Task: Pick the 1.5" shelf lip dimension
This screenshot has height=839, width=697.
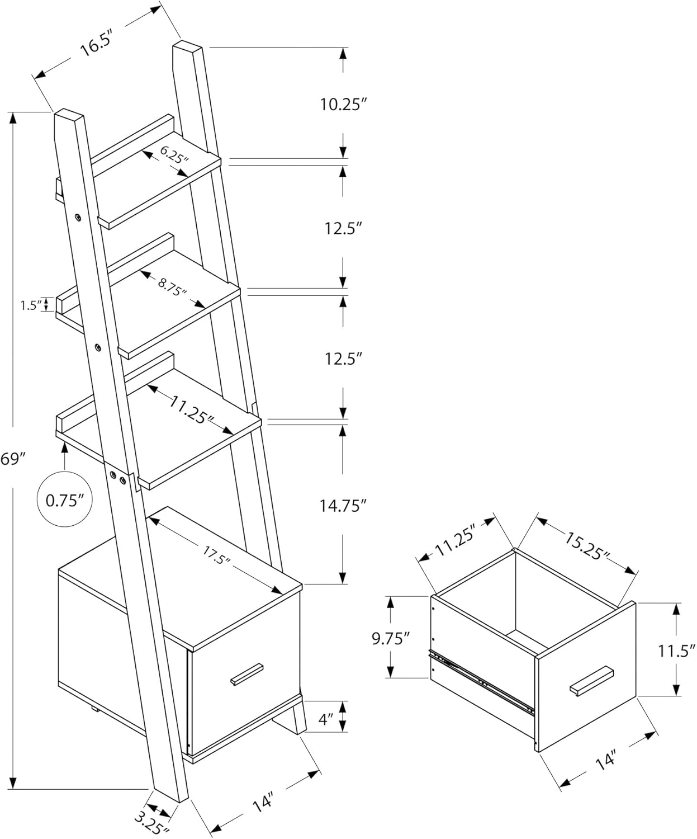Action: click(x=31, y=305)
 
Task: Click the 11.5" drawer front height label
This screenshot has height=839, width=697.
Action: click(x=676, y=651)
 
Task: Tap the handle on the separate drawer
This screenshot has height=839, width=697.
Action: click(x=591, y=680)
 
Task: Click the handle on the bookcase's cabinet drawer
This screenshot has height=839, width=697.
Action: click(x=246, y=673)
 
